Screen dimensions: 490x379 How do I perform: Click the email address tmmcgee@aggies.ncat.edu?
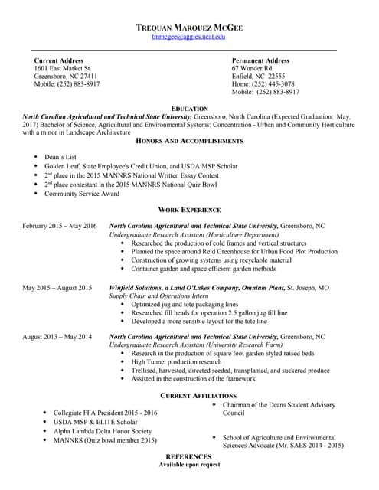(188, 37)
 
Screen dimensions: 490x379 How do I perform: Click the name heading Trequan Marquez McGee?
(189, 28)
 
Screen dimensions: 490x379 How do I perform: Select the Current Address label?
(58, 60)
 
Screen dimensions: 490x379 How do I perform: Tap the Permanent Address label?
(260, 60)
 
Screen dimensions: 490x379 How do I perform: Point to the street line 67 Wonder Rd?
(252, 68)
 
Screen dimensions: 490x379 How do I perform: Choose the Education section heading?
(189, 109)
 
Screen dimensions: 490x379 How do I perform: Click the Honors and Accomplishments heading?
(189, 141)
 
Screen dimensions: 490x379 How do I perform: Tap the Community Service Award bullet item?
(82, 194)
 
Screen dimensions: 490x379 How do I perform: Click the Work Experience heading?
(189, 210)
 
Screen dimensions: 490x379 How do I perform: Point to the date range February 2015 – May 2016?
(60, 227)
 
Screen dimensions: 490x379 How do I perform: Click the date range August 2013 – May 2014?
(57, 337)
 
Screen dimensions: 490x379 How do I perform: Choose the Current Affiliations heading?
(189, 395)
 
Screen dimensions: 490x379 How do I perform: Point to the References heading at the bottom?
(189, 456)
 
